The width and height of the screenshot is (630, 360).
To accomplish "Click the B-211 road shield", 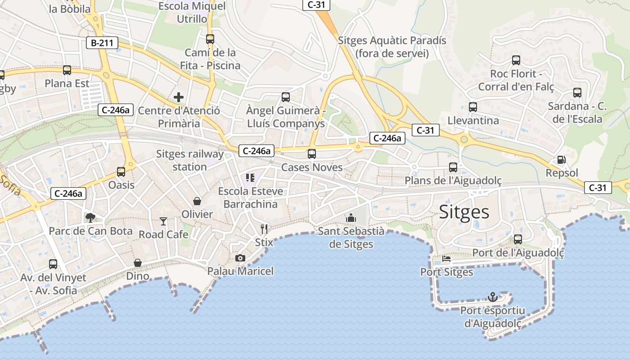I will pos(102,43).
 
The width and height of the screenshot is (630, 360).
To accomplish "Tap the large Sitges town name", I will pos(464,211).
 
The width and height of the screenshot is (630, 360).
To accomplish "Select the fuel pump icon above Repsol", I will pos(561,160).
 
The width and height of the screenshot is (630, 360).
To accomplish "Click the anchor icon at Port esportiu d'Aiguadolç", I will pos(493,297).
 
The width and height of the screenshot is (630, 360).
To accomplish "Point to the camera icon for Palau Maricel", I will pos(240,258).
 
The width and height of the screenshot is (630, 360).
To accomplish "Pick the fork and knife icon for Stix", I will pos(264,229).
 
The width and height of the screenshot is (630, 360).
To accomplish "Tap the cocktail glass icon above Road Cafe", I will pos(163,221).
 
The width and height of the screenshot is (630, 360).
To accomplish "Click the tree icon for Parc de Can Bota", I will pos(90,218).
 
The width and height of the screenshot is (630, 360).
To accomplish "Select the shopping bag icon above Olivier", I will pos(197,201).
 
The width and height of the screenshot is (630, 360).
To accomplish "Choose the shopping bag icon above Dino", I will pos(137,263).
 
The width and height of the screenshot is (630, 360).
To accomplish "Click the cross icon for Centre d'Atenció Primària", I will pos(179,97).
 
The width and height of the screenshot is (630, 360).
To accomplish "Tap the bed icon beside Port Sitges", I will pos(446,259).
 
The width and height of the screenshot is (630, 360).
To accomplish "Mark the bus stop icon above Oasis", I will pos(121,171).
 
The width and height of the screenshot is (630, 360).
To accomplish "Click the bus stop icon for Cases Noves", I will pos(311,154).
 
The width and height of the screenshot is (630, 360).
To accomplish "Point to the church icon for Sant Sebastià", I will pos(351,218).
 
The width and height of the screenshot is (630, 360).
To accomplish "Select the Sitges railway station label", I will pos(189,160).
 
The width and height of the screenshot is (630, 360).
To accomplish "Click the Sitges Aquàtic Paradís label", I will pos(392,47).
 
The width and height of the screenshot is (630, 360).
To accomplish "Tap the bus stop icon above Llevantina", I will pos(472,107).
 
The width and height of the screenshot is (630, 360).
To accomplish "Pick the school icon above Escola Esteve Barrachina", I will pos(250,178).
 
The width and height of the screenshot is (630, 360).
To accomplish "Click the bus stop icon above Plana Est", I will pos(67,70).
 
